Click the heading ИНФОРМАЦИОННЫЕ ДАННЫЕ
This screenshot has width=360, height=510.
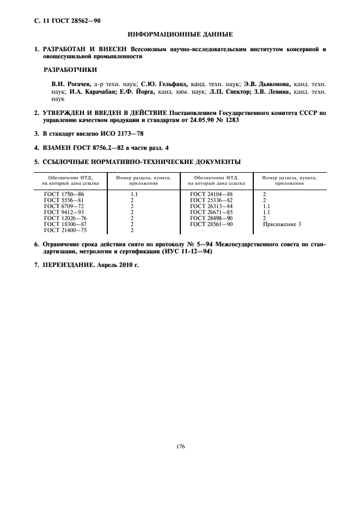[x=180, y=35]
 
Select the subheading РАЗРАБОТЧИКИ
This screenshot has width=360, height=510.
[x=70, y=70]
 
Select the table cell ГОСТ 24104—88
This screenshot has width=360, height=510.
[x=211, y=193]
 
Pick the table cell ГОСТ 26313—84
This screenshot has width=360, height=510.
[x=211, y=206]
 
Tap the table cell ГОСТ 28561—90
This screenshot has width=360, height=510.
[x=211, y=224]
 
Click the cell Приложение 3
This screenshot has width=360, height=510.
[x=282, y=224]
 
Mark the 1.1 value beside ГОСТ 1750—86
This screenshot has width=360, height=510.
[x=135, y=193]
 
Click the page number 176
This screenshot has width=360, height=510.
[x=180, y=447]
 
